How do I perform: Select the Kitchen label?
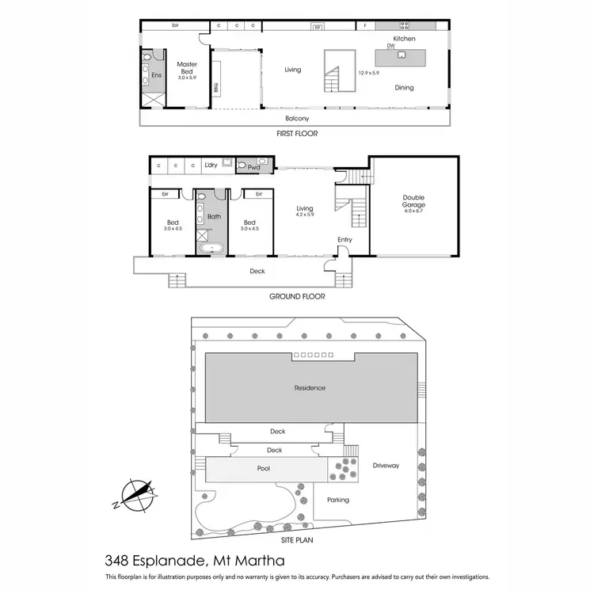(x=404, y=38)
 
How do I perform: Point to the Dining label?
(x=404, y=88)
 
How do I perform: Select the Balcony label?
(x=297, y=119)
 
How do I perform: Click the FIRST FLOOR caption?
(x=297, y=134)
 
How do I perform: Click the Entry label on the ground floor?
(x=344, y=239)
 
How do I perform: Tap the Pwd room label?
(x=254, y=167)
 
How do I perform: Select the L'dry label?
(x=211, y=165)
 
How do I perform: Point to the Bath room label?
(x=214, y=215)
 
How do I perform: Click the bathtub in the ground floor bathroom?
(x=211, y=249)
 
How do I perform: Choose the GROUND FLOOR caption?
(x=297, y=296)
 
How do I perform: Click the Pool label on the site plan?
(x=264, y=469)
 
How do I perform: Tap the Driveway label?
(x=386, y=466)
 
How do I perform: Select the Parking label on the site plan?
(x=337, y=500)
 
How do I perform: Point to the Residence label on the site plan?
(x=310, y=388)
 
